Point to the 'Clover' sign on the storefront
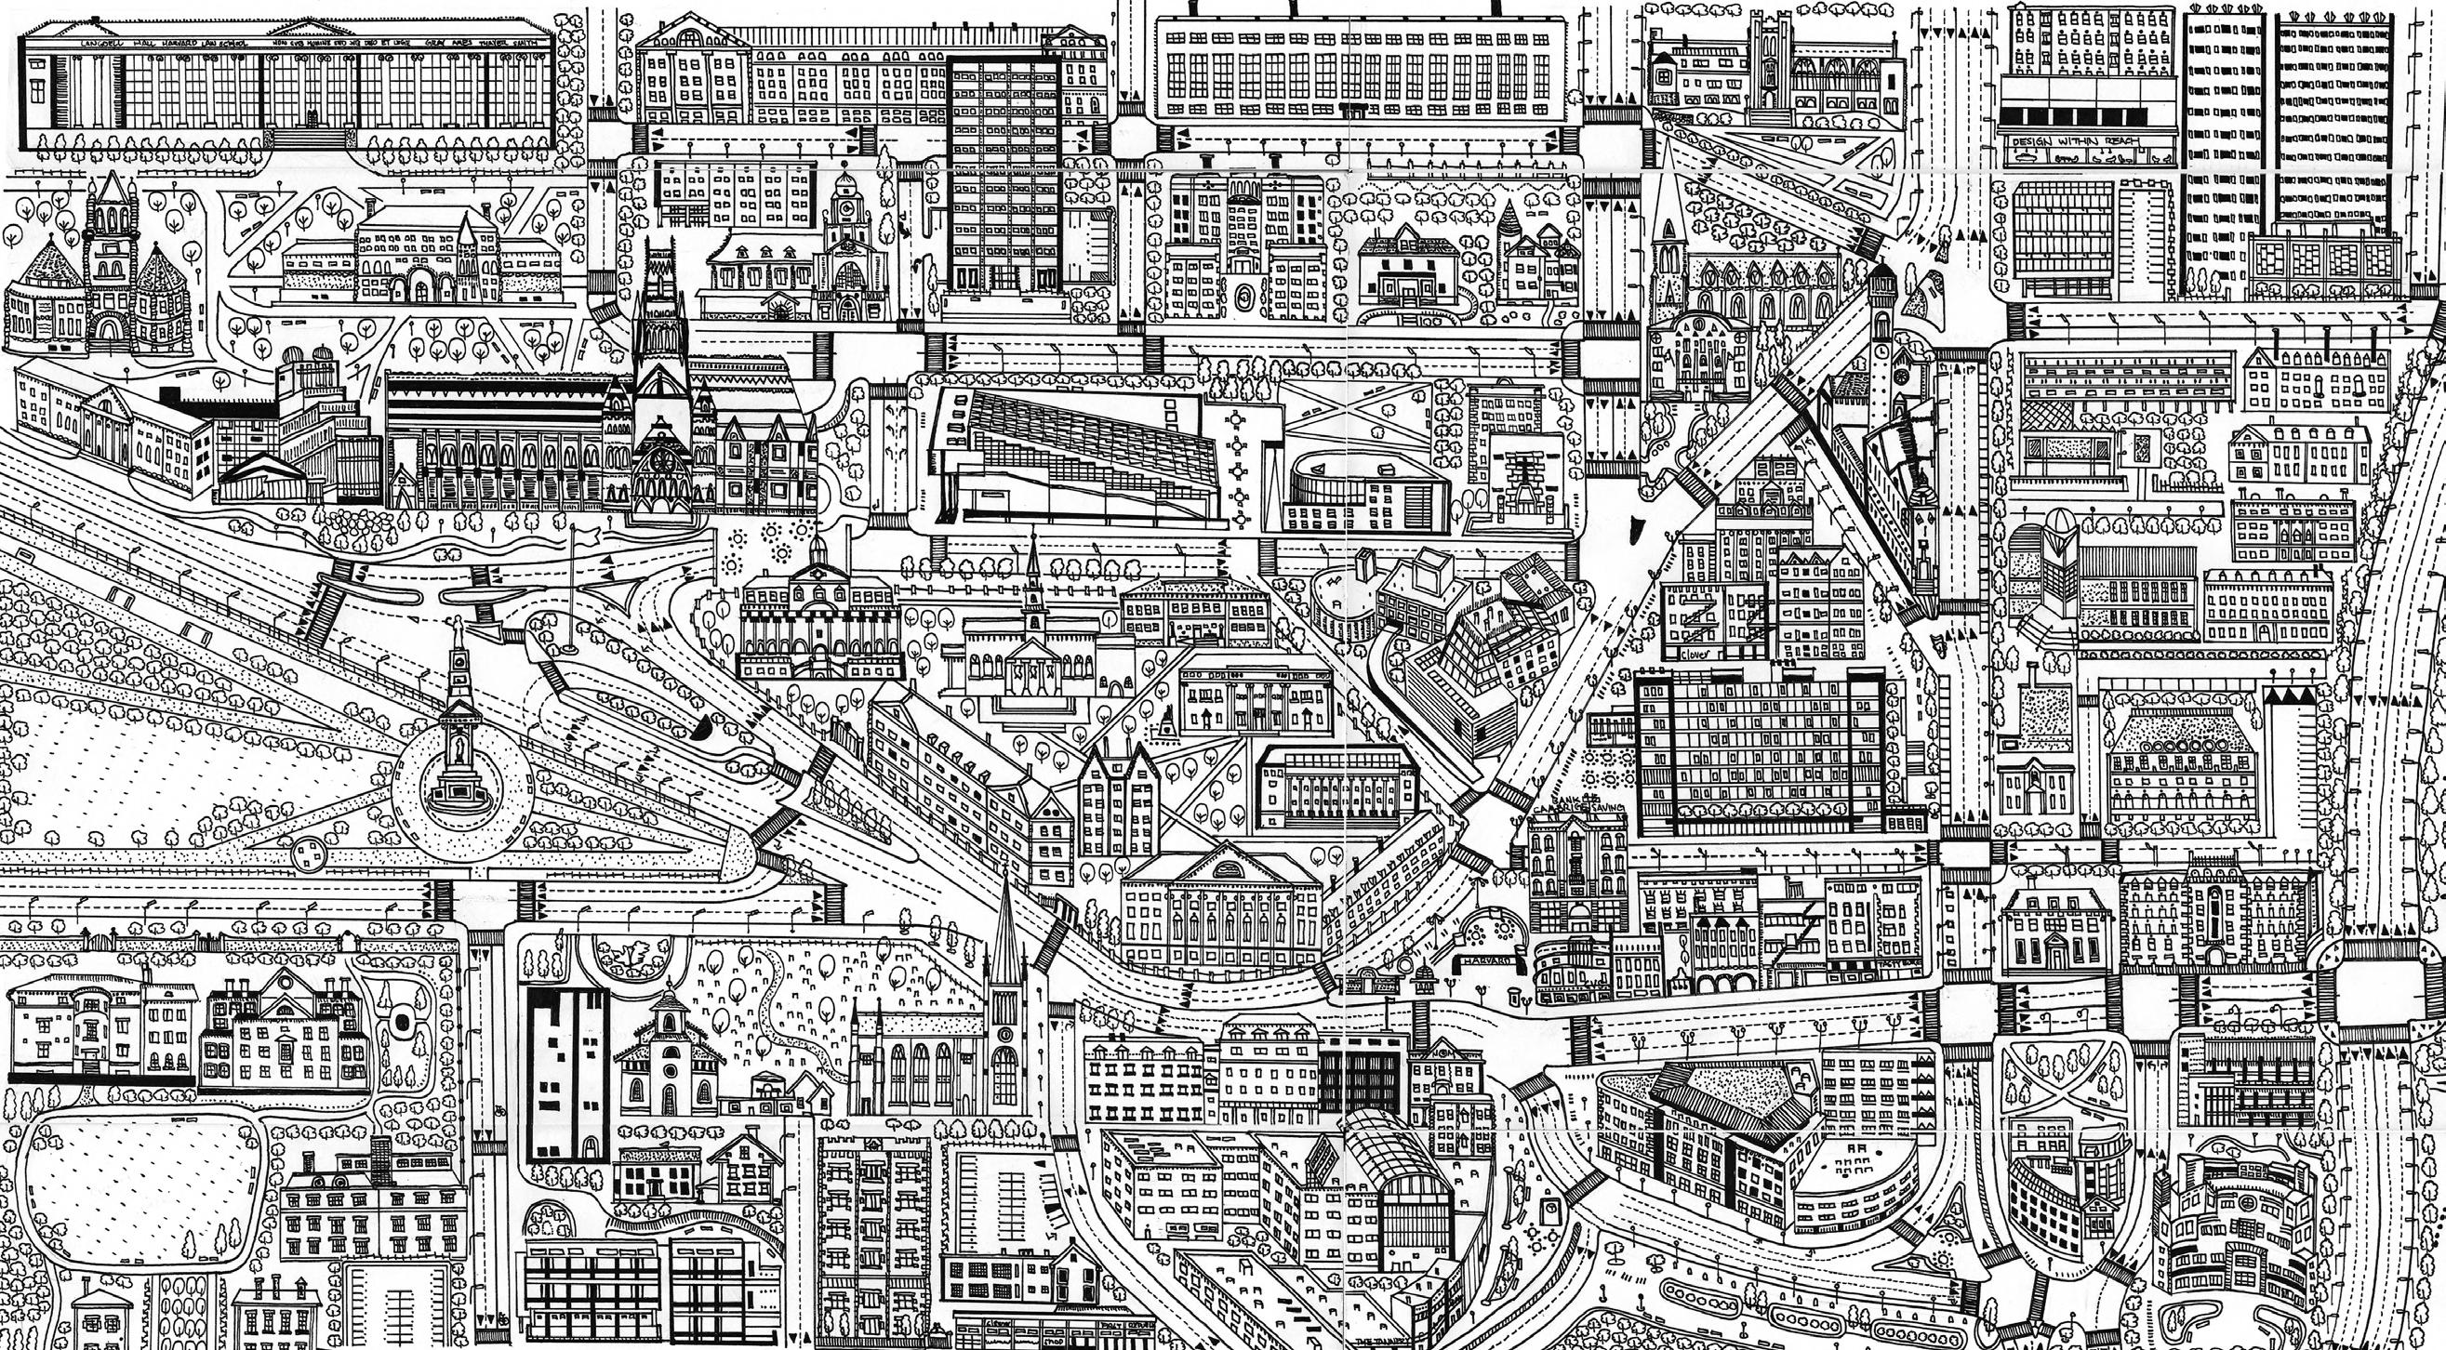tap(1695, 655)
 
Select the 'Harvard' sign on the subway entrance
tap(1487, 960)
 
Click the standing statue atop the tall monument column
tap(459, 629)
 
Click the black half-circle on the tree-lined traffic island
tap(704, 728)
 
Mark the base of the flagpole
tap(570, 648)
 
